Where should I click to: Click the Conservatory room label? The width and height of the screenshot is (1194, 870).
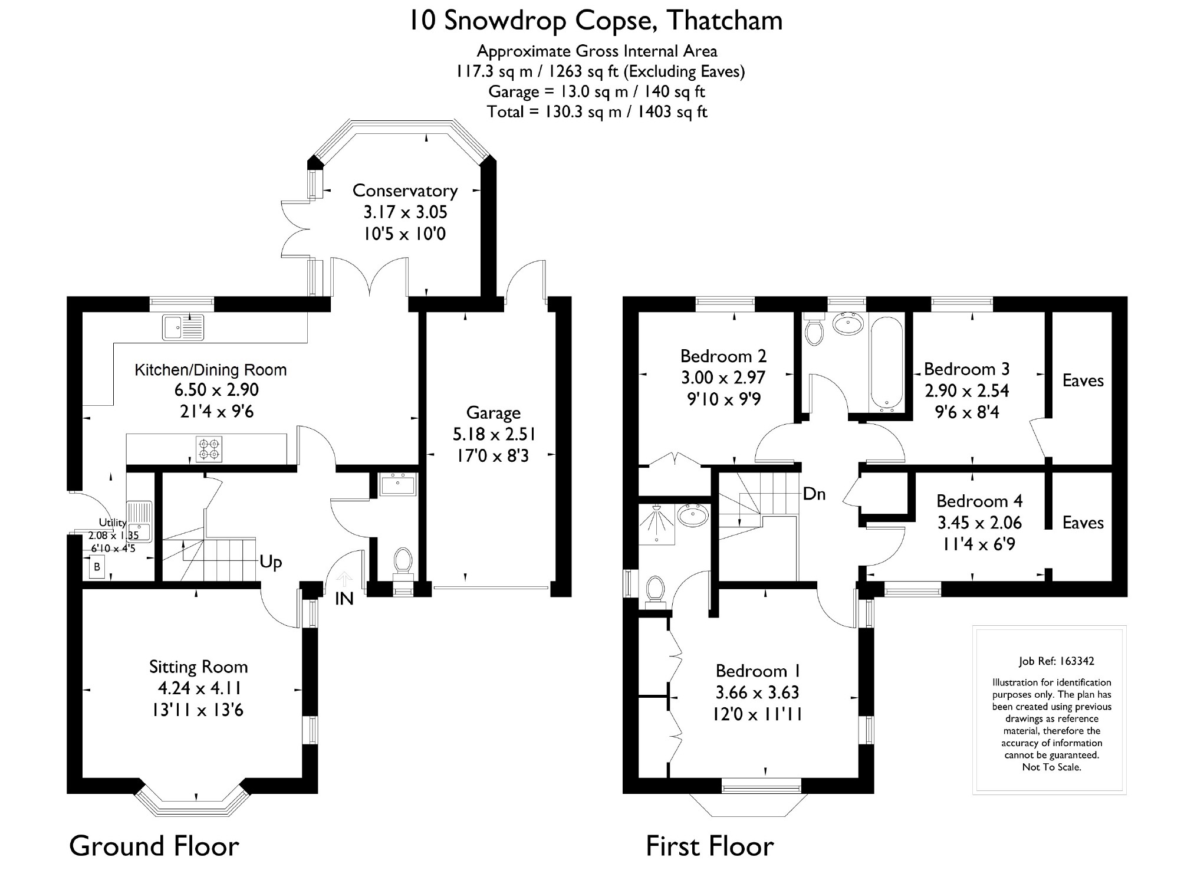[404, 191]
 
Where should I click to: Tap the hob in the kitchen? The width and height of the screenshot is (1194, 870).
[209, 449]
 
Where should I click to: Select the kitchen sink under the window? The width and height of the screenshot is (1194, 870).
[183, 327]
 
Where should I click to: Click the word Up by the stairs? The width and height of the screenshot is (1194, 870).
[271, 562]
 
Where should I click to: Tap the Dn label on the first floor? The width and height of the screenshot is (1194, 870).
[814, 494]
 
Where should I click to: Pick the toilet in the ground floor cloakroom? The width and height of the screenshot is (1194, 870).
[403, 560]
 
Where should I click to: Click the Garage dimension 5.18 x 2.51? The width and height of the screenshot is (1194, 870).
[494, 434]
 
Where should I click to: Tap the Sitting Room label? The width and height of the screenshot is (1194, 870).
[198, 667]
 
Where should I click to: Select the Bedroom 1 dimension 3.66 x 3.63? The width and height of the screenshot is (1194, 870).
[757, 692]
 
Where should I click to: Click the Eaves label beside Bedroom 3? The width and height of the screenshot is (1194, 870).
[1083, 380]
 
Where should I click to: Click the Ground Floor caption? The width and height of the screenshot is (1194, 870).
[154, 846]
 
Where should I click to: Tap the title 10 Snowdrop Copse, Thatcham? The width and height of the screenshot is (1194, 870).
[596, 21]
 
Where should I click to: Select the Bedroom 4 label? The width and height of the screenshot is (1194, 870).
[979, 501]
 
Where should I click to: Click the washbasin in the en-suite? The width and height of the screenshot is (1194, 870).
[693, 515]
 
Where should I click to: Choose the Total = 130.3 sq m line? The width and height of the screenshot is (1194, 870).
[597, 111]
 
